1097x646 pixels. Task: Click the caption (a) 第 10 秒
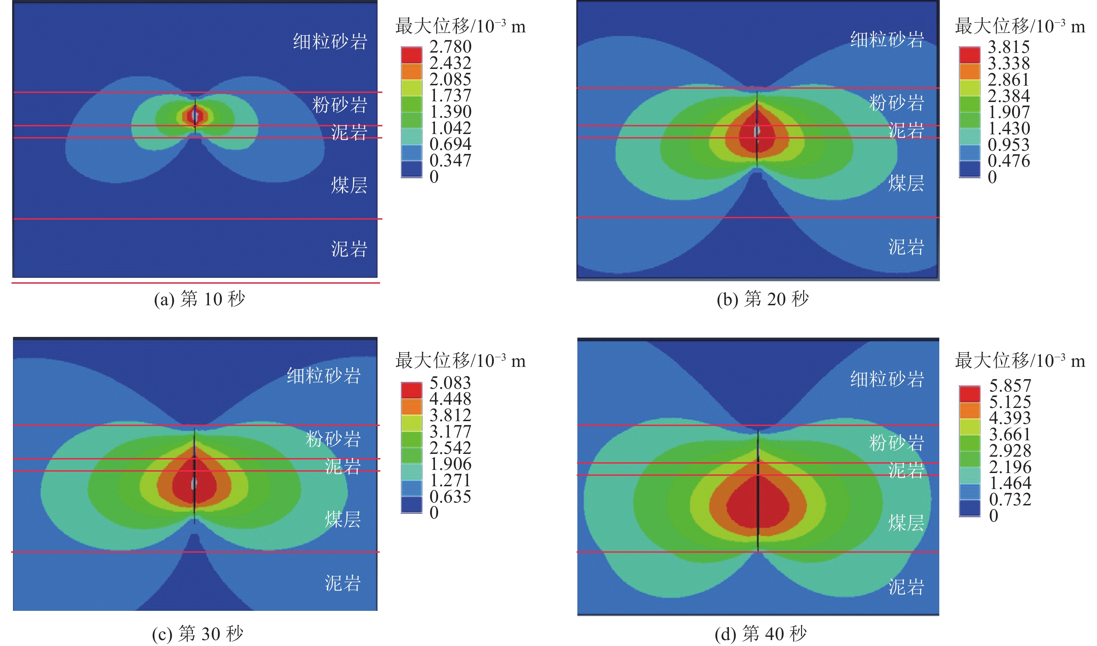[x=200, y=299]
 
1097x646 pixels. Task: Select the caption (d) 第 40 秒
[x=761, y=633]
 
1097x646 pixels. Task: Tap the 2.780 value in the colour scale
[x=450, y=47]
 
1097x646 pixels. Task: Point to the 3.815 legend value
[x=1009, y=47]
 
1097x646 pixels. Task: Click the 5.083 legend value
[x=450, y=383]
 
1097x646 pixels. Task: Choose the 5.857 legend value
[x=1010, y=385]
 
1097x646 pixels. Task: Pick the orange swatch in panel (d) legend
[x=970, y=410]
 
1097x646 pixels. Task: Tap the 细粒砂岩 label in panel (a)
[x=330, y=42]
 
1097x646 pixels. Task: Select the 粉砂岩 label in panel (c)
[x=333, y=439]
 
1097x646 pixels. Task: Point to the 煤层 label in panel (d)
[x=906, y=523]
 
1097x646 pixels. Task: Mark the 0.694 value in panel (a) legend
[x=450, y=144]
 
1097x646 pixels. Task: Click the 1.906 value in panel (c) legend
[x=450, y=464]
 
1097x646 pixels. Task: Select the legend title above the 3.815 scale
[x=1019, y=26]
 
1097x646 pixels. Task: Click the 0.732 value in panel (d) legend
[x=1010, y=499]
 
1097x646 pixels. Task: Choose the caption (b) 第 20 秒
[x=763, y=299]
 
